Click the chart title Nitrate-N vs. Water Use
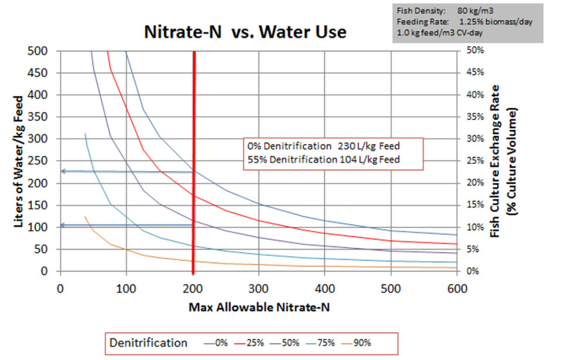245,33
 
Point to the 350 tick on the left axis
40,116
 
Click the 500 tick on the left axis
40,50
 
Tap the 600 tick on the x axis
457,289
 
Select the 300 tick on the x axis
258,289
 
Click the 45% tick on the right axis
475,73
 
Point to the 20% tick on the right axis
475,183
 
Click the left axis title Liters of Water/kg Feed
19,161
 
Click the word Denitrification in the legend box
149,343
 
